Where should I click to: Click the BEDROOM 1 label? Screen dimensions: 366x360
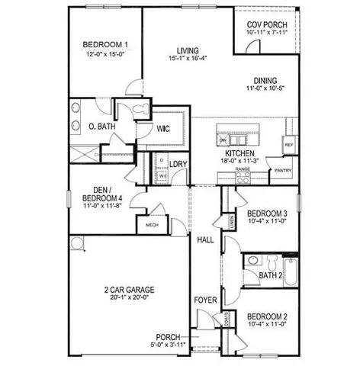pyautogui.click(x=104, y=44)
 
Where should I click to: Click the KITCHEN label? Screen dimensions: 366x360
pyautogui.click(x=249, y=153)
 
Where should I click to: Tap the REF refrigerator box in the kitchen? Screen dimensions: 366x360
pyautogui.click(x=289, y=144)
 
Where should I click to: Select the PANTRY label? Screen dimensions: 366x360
pyautogui.click(x=284, y=171)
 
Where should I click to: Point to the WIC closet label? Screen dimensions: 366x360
pyautogui.click(x=163, y=130)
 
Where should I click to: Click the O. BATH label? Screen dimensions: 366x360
pyautogui.click(x=101, y=127)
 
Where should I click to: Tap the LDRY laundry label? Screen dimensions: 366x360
pyautogui.click(x=178, y=164)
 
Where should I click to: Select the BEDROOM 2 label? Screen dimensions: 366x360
pyautogui.click(x=267, y=316)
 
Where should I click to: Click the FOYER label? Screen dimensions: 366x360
pyautogui.click(x=205, y=300)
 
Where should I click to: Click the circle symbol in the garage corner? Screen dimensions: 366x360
pyautogui.click(x=76, y=242)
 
